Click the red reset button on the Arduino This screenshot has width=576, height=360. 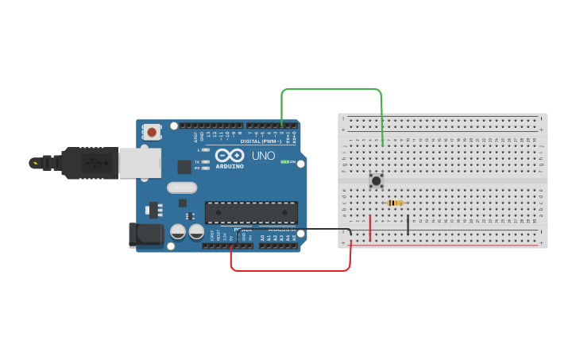151,132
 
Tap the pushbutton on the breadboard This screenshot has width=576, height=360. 377,181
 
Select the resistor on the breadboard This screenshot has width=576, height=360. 395,203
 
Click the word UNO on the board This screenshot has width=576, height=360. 263,156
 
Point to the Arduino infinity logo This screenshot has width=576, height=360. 230,156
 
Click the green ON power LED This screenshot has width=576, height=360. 284,162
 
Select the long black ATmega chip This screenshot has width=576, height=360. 251,212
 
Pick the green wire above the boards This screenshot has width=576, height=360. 332,89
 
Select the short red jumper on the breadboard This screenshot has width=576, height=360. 370,227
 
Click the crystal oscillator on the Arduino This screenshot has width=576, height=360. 181,188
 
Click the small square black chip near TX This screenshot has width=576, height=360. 184,166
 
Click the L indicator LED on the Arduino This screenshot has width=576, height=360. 206,149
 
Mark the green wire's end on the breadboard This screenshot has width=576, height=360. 384,145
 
